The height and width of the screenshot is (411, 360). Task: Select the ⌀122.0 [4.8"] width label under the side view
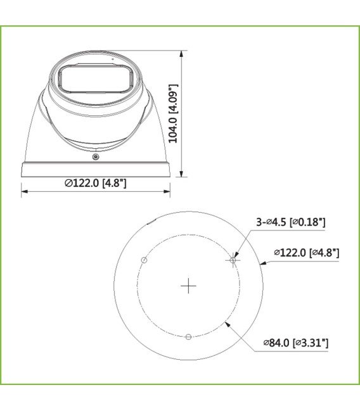click(x=95, y=183)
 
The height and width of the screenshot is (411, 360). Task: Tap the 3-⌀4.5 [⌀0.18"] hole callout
click(x=290, y=222)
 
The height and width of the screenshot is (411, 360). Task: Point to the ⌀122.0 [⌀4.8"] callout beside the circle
click(x=306, y=253)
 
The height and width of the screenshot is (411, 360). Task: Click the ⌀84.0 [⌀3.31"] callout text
click(x=296, y=343)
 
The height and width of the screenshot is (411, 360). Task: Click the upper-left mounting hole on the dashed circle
click(x=144, y=260)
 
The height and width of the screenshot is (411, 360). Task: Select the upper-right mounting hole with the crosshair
click(x=233, y=260)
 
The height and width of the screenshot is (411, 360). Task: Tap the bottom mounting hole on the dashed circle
click(x=188, y=337)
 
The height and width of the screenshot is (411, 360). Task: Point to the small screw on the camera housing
click(x=96, y=156)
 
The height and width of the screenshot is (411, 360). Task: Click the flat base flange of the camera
click(x=96, y=170)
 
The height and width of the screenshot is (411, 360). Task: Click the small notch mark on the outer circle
click(x=149, y=223)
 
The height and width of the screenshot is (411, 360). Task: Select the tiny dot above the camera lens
click(x=112, y=58)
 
